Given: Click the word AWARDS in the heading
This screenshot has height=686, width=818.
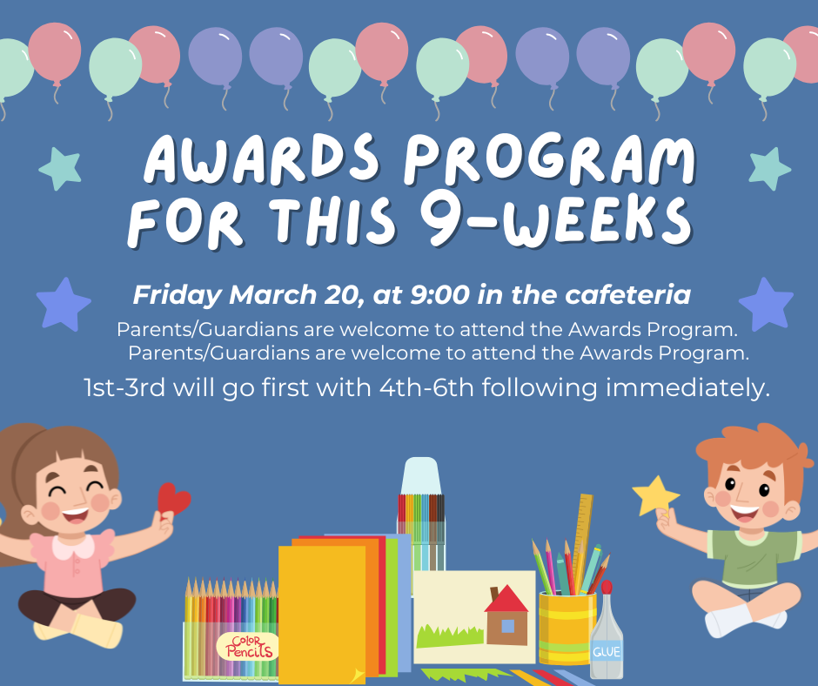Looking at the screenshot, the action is point(261,158).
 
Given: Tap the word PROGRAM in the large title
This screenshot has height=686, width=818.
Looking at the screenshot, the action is point(550,159).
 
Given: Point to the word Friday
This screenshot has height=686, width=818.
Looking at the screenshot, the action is point(178,295).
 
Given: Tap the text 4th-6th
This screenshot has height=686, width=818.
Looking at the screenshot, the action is point(426,388).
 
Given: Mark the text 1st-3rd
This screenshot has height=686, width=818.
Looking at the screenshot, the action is point(124,388).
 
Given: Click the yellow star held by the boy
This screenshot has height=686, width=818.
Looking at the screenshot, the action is point(656,496).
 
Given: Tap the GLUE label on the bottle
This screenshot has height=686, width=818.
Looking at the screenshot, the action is point(607,651).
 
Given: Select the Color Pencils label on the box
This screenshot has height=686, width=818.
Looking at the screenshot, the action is point(248,646).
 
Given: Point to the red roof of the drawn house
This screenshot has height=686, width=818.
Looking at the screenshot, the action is point(506,599).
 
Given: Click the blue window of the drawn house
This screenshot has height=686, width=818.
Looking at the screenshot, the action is point(507,626).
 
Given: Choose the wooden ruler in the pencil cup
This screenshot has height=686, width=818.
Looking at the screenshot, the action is point(581,541).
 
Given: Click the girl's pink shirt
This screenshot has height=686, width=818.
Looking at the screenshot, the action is point(73,562).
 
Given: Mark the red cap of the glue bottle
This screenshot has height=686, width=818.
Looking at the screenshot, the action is point(607,588).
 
